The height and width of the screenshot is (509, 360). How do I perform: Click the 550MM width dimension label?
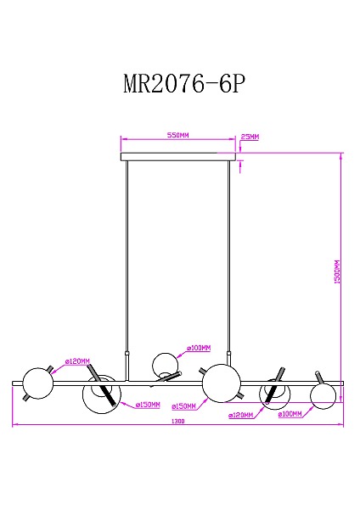click(x=177, y=135)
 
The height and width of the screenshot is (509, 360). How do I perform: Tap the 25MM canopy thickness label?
click(x=250, y=137)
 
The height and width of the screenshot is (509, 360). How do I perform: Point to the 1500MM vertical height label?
click(x=336, y=271)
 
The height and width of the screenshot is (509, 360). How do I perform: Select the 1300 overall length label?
click(x=177, y=422)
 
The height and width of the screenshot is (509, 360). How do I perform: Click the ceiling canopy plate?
click(x=177, y=157)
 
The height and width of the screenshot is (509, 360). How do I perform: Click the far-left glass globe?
click(x=38, y=383)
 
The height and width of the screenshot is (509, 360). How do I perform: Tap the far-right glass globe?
click(x=323, y=394)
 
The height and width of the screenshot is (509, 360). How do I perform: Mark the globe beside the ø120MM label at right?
click(x=274, y=394)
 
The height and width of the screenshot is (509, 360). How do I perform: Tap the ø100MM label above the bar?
click(x=199, y=348)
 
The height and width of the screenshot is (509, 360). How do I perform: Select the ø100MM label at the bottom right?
click(x=290, y=415)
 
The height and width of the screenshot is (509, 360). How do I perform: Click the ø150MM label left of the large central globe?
click(x=183, y=406)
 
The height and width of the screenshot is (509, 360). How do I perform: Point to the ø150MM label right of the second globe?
click(x=148, y=406)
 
